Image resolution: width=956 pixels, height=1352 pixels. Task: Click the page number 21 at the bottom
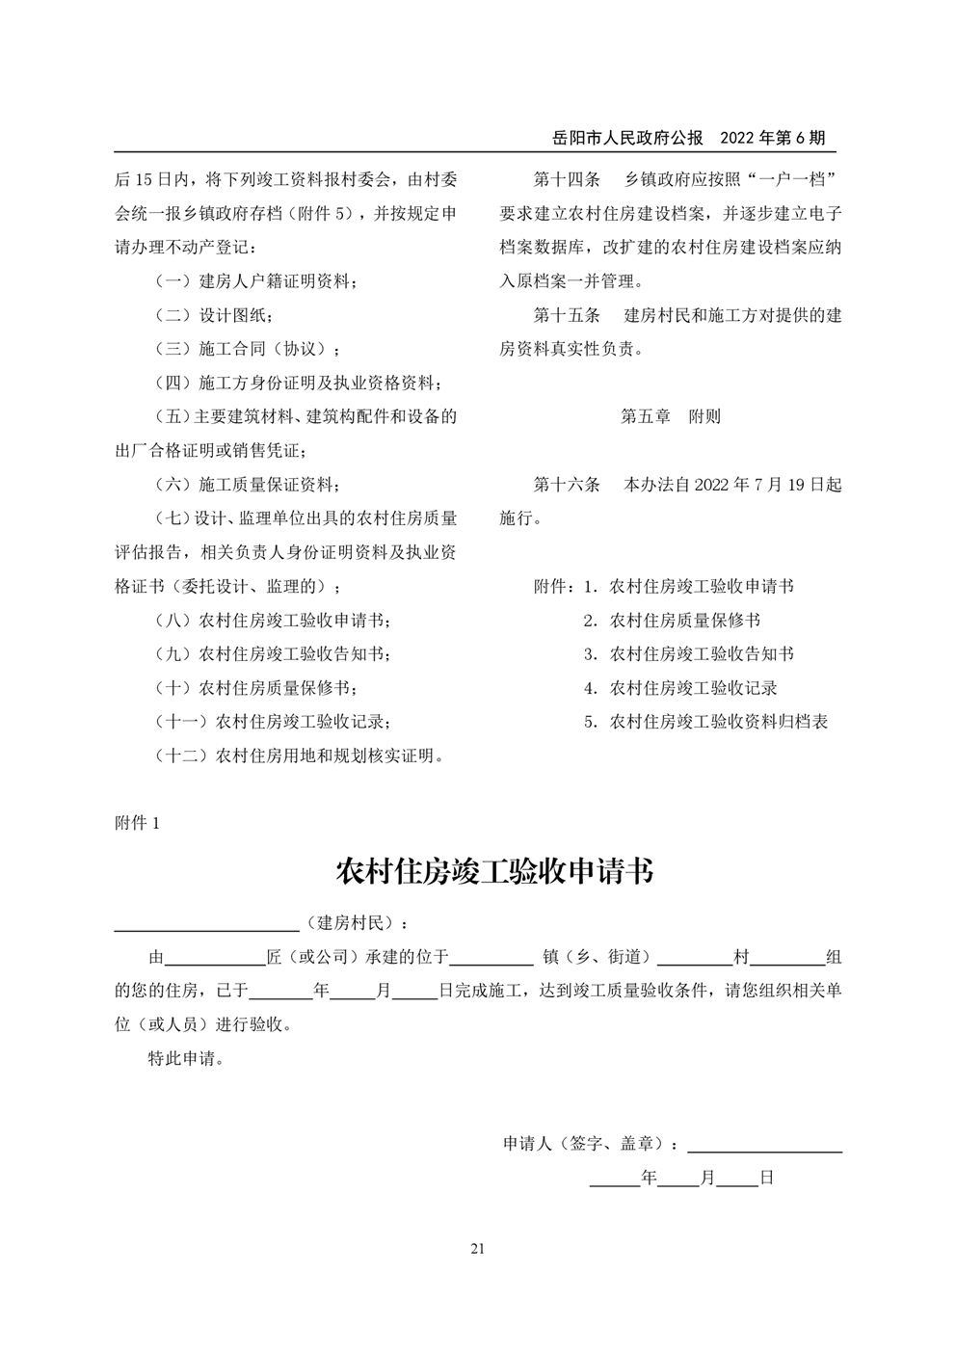[x=477, y=1250]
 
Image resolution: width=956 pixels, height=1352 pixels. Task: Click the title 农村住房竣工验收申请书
[x=493, y=871]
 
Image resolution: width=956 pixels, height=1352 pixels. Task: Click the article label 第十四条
[x=567, y=180]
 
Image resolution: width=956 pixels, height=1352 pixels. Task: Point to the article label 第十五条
[x=567, y=315]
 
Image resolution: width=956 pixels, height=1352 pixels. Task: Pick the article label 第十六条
[x=567, y=484]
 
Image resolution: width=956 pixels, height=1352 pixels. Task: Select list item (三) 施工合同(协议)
[x=248, y=349]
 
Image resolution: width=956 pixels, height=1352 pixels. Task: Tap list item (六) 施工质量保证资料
[x=248, y=484]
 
